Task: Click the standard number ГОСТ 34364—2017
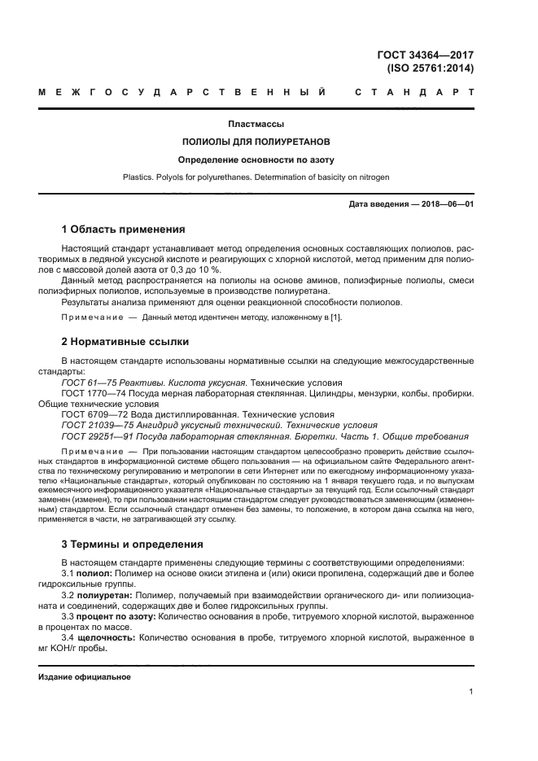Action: [426, 55]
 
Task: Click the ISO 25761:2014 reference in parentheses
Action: [430, 68]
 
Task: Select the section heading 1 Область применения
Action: [123, 230]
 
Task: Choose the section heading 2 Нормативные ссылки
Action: [125, 342]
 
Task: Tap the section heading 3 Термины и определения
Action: [133, 544]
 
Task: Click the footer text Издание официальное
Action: [84, 676]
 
